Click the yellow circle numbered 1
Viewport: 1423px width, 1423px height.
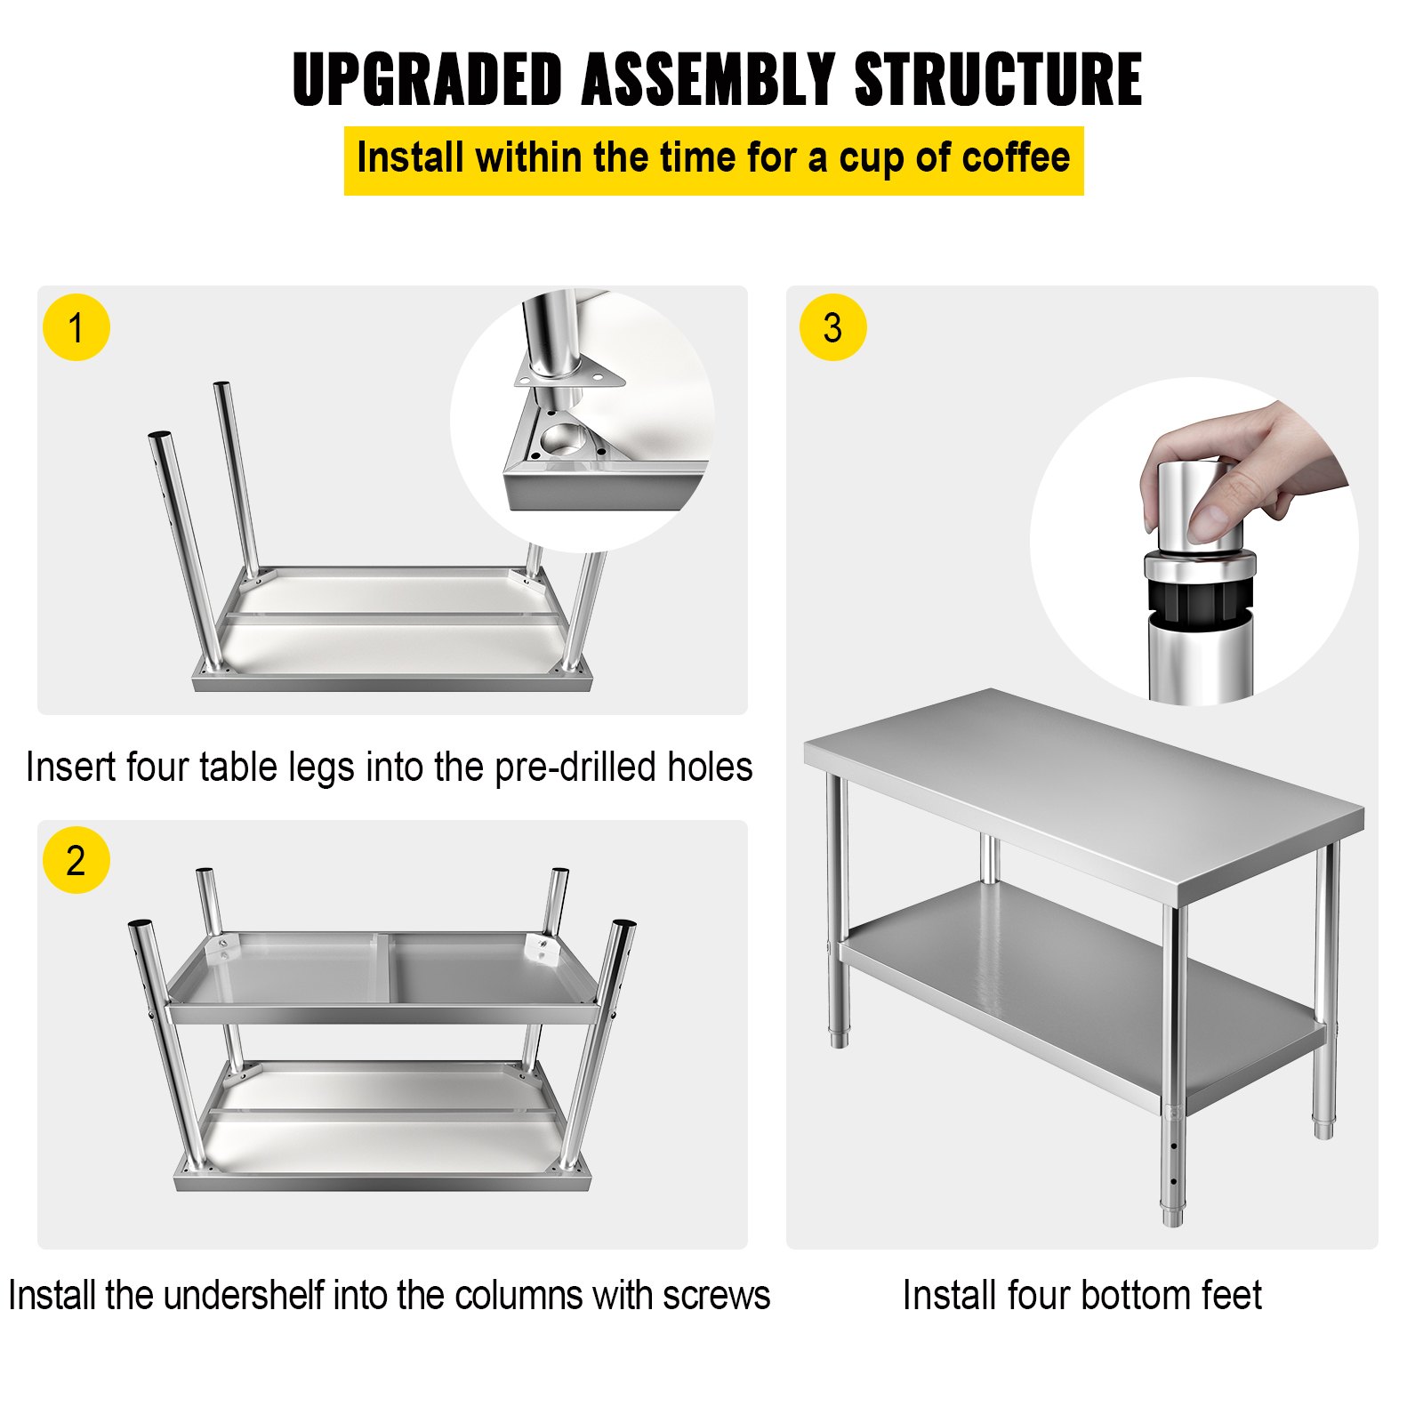tap(76, 327)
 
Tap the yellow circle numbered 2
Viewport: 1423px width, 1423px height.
tap(76, 860)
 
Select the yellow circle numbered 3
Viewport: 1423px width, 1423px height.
tap(832, 327)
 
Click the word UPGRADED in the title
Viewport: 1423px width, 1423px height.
tap(427, 80)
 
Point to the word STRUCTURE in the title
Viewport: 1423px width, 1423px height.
tap(998, 80)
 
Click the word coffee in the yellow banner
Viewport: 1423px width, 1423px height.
tap(1016, 158)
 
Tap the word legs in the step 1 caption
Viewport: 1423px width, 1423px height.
tap(325, 767)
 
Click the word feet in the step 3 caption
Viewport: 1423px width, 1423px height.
tap(1231, 1295)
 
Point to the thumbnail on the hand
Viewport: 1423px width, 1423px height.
tap(1210, 520)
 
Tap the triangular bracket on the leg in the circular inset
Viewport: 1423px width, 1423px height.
tap(569, 378)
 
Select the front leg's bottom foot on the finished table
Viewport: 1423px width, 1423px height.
tap(1172, 1214)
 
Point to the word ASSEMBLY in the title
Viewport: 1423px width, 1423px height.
tap(708, 80)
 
